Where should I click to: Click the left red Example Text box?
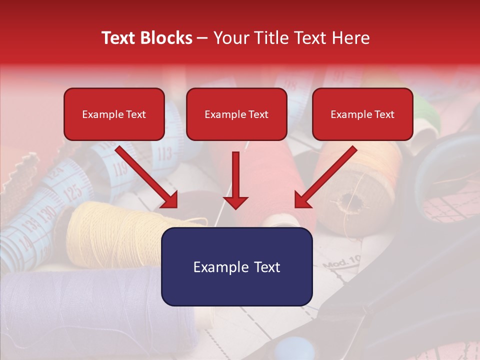coord(114,114)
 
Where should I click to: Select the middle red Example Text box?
coord(236,114)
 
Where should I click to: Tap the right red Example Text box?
coord(362,114)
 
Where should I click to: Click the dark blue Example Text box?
coord(236,266)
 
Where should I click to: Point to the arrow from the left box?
coord(146,176)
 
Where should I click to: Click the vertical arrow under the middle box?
coord(235,180)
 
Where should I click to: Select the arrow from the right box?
coord(326,176)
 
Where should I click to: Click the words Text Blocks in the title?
coord(147,38)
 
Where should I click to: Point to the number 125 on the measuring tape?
coord(73,191)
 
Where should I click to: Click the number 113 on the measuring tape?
coord(164,152)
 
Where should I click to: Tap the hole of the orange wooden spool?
coord(348,202)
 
